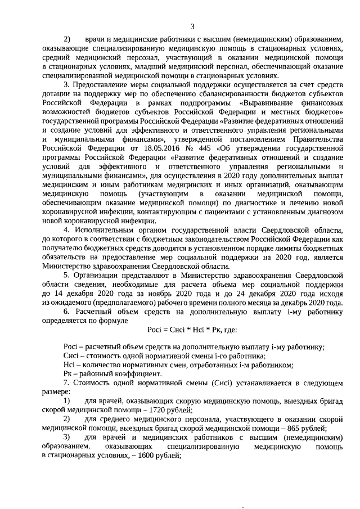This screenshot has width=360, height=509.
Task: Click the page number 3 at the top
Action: pyautogui.click(x=193, y=26)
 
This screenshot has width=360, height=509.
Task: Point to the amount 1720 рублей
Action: pyautogui.click(x=156, y=410)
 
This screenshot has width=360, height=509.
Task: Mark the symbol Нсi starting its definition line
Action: pyautogui.click(x=70, y=364)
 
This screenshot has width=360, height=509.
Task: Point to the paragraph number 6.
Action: pyautogui.click(x=66, y=311)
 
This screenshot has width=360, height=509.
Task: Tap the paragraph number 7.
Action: pyautogui.click(x=66, y=383)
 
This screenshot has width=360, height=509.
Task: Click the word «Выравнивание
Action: pyautogui.click(x=268, y=104)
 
